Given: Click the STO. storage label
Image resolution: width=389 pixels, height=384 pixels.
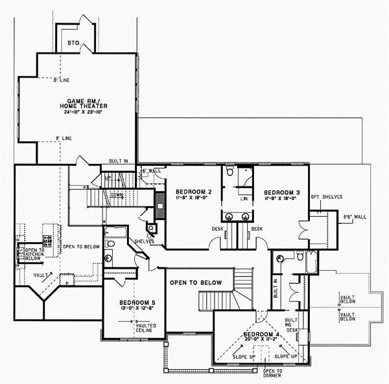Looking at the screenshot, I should [x=74, y=43].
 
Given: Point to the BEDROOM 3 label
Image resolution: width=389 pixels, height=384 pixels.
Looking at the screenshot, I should [x=281, y=192].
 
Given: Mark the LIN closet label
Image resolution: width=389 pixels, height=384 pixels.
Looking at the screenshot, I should [x=244, y=199].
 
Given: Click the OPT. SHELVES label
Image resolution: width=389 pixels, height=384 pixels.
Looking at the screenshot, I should [x=327, y=196].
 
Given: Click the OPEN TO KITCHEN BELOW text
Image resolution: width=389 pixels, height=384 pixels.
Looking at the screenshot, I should [x=34, y=253].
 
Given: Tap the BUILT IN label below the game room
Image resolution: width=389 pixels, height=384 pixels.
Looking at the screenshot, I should [x=119, y=160].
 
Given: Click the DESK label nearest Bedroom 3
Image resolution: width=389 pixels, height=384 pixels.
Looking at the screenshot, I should [x=257, y=229].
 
